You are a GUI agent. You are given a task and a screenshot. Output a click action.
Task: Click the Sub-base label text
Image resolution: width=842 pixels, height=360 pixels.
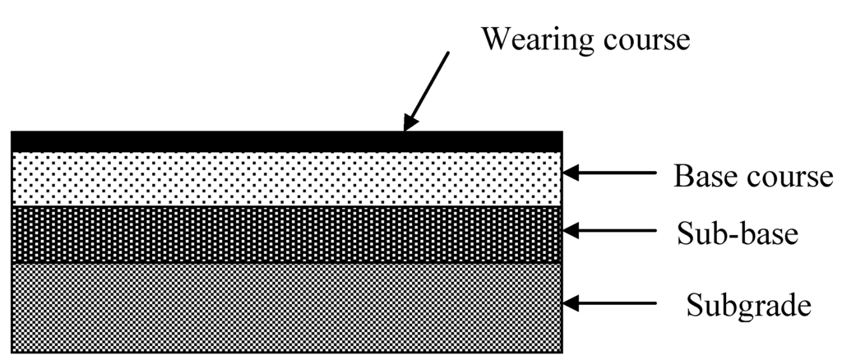738,233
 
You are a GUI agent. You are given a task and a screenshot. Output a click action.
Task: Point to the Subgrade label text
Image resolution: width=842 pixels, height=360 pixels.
749,307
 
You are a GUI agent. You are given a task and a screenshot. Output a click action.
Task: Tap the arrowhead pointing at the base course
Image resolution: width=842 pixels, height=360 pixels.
574,173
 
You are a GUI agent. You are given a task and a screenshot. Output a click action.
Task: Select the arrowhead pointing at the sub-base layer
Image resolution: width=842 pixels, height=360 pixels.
574,232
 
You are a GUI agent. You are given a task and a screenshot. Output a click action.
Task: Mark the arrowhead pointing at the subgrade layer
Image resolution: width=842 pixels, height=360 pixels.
574,304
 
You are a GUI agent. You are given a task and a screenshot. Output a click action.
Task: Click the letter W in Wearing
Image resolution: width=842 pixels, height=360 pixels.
496,39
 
